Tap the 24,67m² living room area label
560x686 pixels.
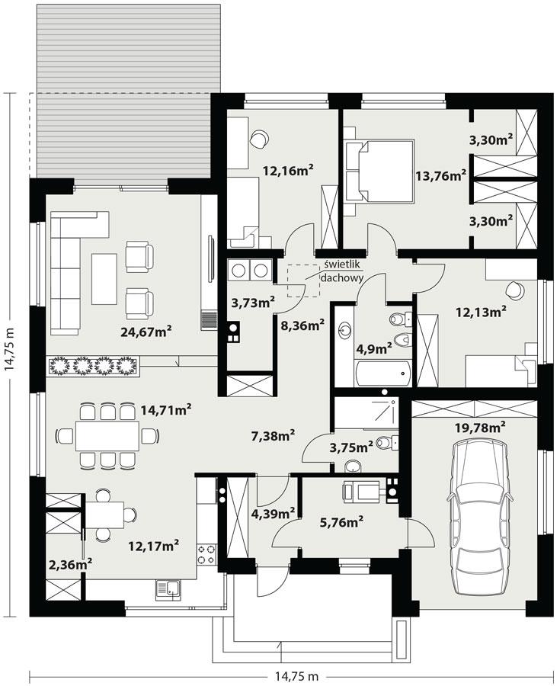point(145,331)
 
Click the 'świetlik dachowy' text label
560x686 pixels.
point(341,271)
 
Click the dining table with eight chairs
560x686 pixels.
point(107,435)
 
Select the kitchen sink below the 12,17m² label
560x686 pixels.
point(168,587)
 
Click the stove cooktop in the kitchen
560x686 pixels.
point(206,552)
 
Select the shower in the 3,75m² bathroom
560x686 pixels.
point(366,412)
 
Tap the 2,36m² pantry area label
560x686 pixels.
point(69,564)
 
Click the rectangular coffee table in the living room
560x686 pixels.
point(104,278)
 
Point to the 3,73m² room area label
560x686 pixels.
point(252,303)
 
